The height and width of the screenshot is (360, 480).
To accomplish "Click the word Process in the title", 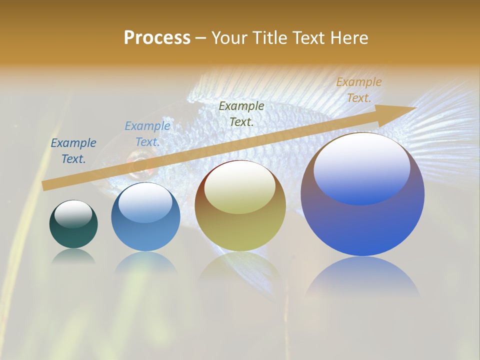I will click(157, 38).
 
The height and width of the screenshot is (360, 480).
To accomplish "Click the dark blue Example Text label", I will click(73, 151).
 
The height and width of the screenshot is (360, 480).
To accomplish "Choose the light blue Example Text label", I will click(147, 134).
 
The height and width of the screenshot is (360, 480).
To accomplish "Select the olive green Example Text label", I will click(241, 113).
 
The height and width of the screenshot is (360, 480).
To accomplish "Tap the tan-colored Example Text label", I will click(358, 90).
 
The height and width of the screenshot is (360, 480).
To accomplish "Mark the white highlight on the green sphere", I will click(73, 213).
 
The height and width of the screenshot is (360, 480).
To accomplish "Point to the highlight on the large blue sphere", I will click(361, 167).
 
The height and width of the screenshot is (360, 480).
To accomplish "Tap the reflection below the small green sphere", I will click(73, 256).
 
